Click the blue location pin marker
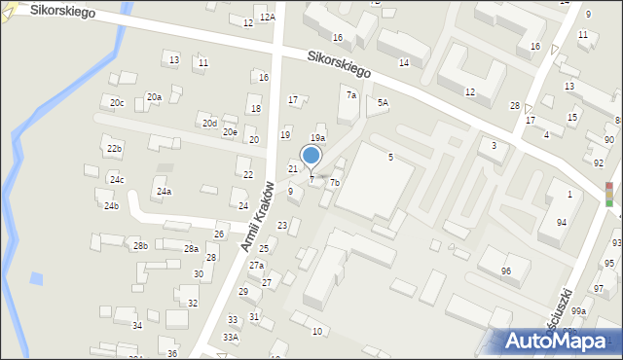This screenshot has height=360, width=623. coord(311,156)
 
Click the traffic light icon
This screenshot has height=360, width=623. coord(609,194)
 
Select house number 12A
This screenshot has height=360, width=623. coord(267,18)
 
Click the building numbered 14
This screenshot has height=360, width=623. coord(403,62)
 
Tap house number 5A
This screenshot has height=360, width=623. coord(383,102)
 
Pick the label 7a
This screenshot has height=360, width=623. coord(351,95)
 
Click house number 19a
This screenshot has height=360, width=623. coord(317,138)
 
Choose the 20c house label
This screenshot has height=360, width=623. coord(117,103)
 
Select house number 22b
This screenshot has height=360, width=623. coord(115,148)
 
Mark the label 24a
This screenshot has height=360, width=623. coord(164,192)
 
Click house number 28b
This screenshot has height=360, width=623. coord(140,246)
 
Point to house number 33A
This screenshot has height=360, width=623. coord(230,337)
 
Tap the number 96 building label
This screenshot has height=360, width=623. coord(505,270)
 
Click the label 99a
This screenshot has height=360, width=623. coord(579,310)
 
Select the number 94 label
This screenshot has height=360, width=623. coord(562,223)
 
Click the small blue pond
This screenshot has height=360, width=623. coord(36,279)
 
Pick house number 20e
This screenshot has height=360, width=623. coord(230,132)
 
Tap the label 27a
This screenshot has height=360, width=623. coord(256,266)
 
